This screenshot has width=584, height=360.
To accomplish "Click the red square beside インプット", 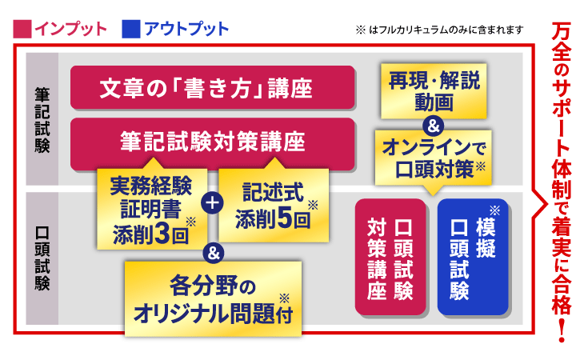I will [x=22, y=30].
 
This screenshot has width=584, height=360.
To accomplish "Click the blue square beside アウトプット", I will [x=130, y=30].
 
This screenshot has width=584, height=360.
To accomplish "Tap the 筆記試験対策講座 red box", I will [x=212, y=143].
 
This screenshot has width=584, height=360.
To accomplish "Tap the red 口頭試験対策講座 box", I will [x=390, y=257].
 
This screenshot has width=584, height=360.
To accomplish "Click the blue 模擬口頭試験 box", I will [x=471, y=257].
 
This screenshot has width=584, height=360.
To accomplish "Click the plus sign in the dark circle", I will [x=212, y=202].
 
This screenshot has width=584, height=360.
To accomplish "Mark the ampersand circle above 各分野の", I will [x=212, y=254].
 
